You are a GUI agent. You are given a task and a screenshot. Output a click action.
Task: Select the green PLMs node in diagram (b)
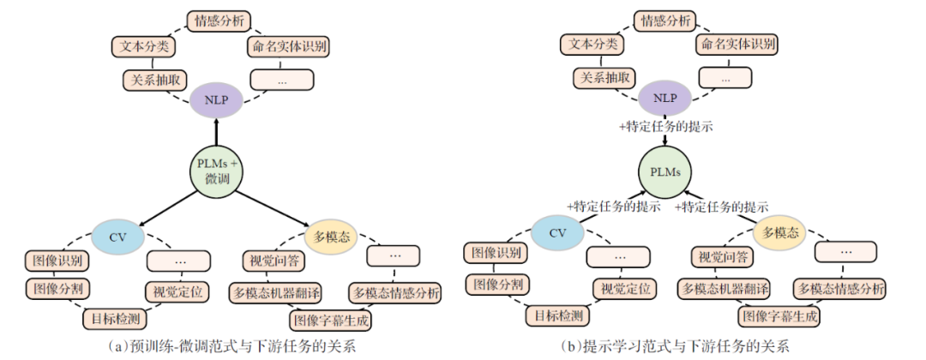click(x=665, y=171)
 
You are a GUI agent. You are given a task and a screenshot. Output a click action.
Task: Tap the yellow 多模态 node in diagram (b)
click(x=781, y=232)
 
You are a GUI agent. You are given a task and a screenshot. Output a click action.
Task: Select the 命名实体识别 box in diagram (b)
click(x=739, y=44)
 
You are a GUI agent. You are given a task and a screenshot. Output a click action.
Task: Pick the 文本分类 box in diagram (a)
click(x=142, y=44)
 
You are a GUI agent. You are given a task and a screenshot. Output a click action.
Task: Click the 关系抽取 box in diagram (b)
click(x=604, y=77)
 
